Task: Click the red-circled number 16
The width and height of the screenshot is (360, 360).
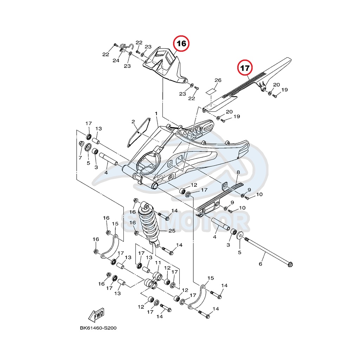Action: tap(181, 44)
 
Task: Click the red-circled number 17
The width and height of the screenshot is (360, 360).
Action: tap(245, 68)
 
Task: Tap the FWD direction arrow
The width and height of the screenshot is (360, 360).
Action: tap(96, 315)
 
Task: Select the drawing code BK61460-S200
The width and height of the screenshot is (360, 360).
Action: tap(98, 328)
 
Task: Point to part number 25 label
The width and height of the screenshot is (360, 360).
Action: tap(172, 231)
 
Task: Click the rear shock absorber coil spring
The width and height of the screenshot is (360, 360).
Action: tap(149, 221)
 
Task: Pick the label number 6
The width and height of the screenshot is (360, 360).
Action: tap(261, 264)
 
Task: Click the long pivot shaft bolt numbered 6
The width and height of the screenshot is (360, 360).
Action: tap(269, 252)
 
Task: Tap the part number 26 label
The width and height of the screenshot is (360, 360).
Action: tap(218, 80)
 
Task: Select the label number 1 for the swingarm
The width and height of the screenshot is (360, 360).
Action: tap(156, 114)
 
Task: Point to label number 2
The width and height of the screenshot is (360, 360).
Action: tap(133, 122)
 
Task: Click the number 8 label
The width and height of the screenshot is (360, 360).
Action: tap(238, 172)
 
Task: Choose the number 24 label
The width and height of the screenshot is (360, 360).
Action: tap(116, 60)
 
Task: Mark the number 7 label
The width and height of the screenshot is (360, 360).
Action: tap(80, 158)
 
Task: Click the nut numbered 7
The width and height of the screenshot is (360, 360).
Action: tap(81, 143)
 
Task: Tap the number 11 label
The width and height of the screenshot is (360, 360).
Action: tap(158, 263)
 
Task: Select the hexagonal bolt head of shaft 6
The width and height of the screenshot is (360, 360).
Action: tap(290, 265)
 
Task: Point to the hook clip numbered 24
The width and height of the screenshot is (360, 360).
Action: tap(126, 47)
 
